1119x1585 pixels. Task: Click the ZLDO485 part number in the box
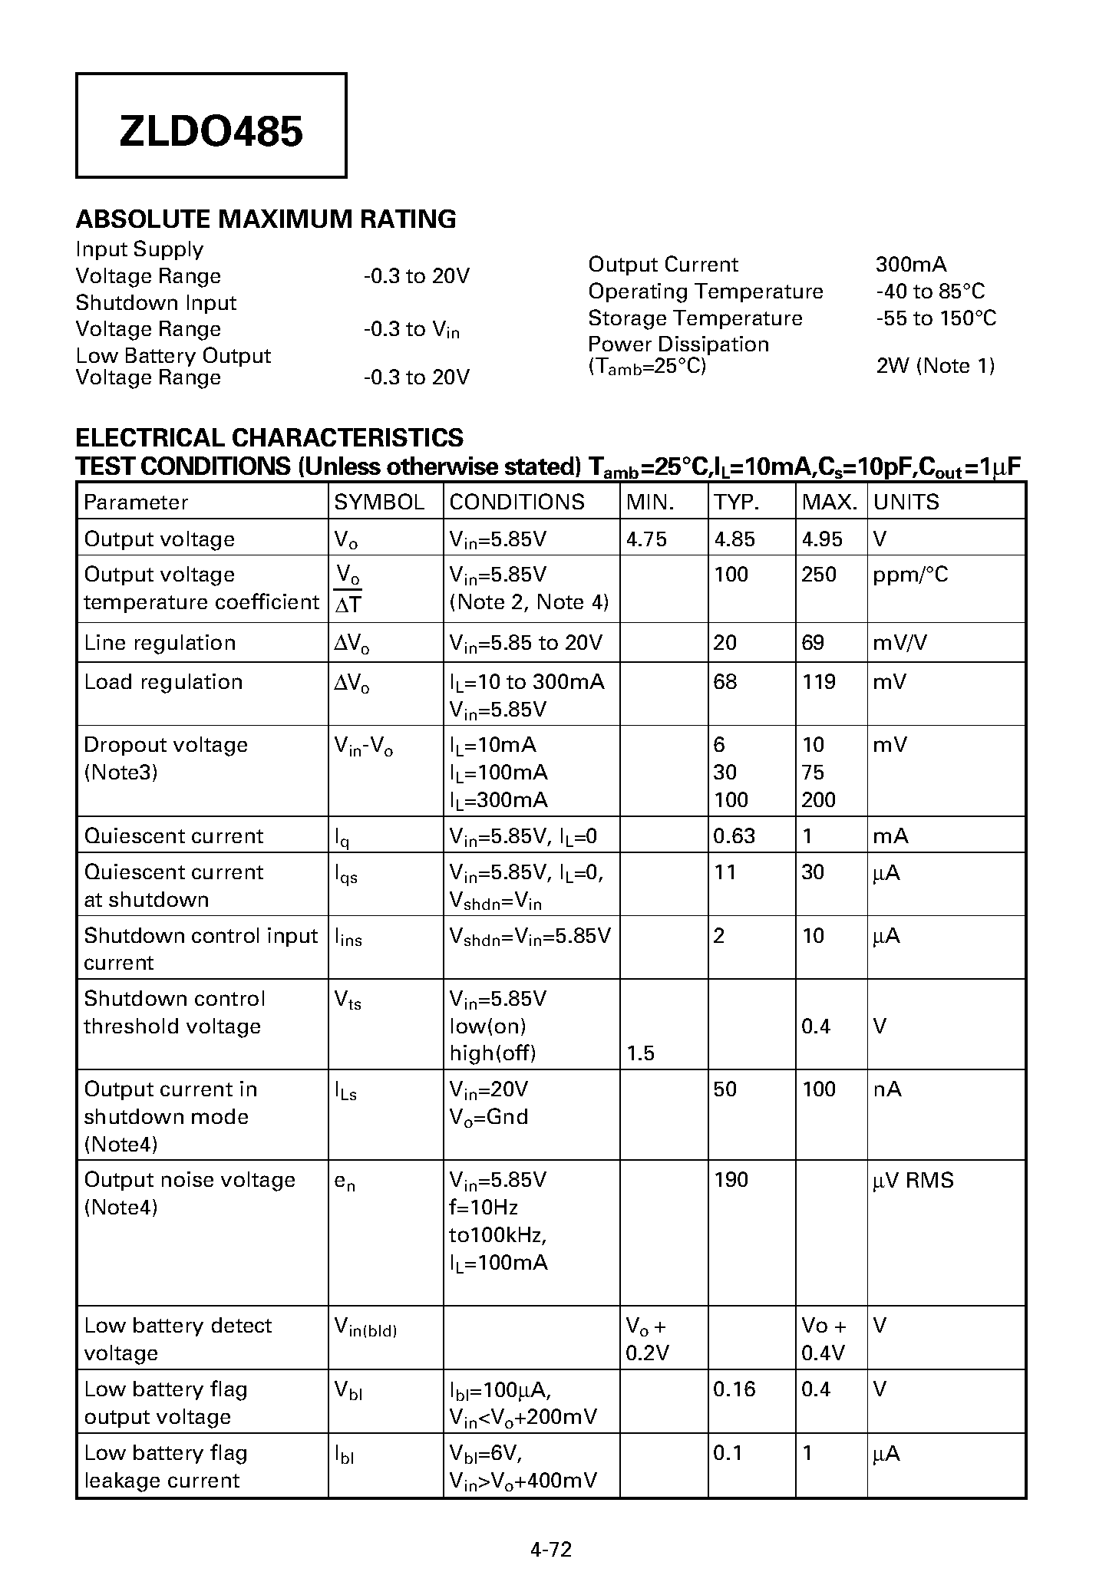(x=211, y=131)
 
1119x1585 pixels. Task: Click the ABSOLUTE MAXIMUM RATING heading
(x=266, y=219)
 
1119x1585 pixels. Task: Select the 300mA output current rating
(x=910, y=265)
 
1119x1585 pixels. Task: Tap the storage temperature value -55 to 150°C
(x=936, y=318)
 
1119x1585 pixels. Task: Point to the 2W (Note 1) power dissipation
(x=935, y=366)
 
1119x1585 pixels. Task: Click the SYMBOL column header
(x=379, y=503)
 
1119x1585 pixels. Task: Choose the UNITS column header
(x=906, y=503)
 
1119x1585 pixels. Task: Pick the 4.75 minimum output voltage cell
(x=646, y=539)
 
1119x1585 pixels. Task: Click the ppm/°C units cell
(x=910, y=575)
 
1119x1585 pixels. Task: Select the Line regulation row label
(x=160, y=643)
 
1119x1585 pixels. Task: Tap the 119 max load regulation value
(x=818, y=682)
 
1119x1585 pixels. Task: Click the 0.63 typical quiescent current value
(x=734, y=836)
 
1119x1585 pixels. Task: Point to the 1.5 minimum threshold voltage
(x=640, y=1053)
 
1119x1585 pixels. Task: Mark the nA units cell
(x=887, y=1089)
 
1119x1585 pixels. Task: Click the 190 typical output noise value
(x=730, y=1180)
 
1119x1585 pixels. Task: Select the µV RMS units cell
(x=913, y=1180)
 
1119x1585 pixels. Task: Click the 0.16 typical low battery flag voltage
(x=734, y=1389)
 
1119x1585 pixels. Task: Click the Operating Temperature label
(x=705, y=292)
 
